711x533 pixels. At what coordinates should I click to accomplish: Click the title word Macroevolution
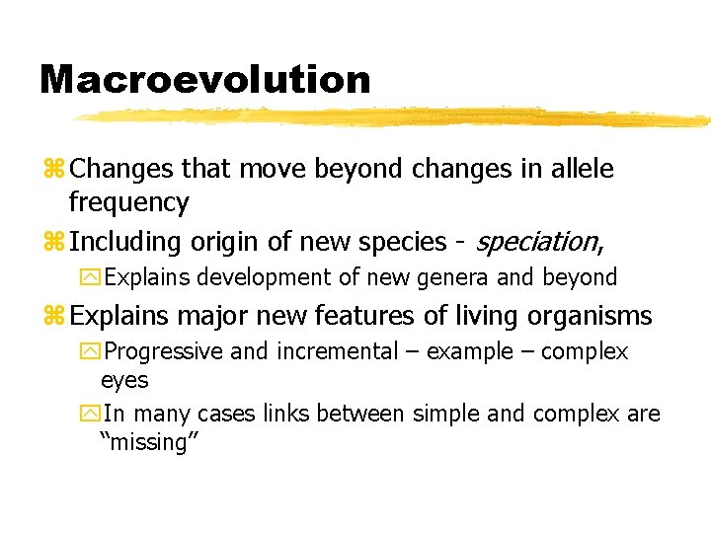(x=204, y=80)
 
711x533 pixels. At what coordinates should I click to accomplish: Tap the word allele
(x=579, y=169)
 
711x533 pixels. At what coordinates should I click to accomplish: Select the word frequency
(x=128, y=203)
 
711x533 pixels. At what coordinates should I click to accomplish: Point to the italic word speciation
(x=536, y=242)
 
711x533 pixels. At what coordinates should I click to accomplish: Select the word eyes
(x=124, y=380)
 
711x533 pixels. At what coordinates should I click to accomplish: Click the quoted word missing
(x=150, y=442)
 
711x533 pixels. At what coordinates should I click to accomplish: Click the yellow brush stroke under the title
(x=395, y=117)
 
